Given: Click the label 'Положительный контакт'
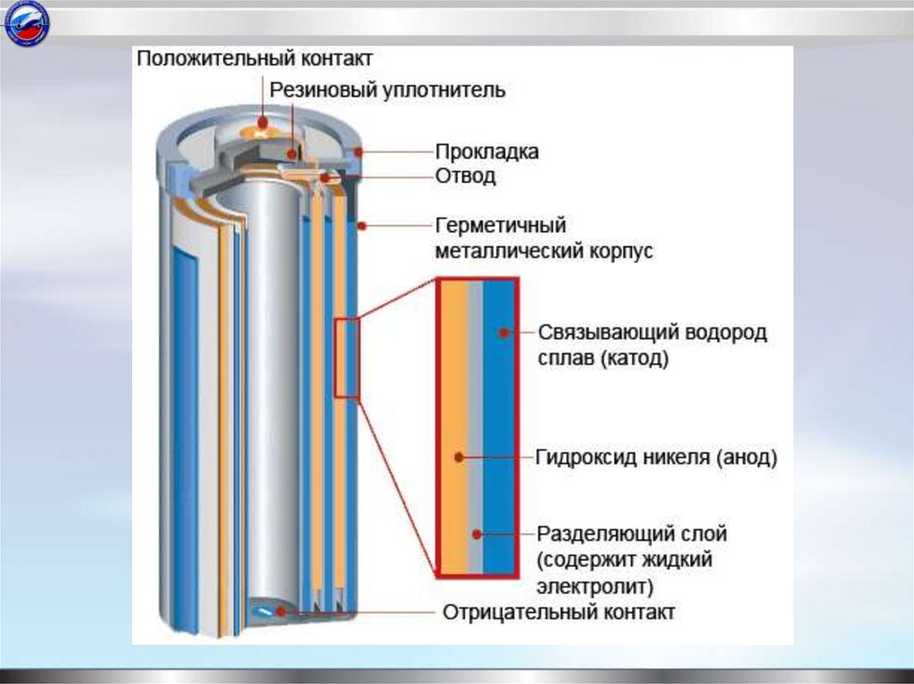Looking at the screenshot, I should (x=253, y=59).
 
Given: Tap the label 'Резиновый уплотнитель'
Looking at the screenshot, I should (x=388, y=90).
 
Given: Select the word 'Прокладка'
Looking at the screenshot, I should (x=486, y=152).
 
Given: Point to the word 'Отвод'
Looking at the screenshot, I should (x=465, y=176).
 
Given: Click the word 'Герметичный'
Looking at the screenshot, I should (x=501, y=225).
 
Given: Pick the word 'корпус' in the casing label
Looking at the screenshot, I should (x=619, y=251).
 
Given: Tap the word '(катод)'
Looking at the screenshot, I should (x=635, y=359).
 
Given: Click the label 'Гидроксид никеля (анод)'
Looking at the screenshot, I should (x=657, y=458).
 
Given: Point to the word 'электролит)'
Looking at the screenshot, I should (x=595, y=587).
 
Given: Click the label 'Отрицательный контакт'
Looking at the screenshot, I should (x=559, y=613).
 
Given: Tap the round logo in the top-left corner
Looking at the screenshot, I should (x=27, y=25).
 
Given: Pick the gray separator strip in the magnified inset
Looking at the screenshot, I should (x=476, y=428).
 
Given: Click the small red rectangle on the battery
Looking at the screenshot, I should (x=346, y=358).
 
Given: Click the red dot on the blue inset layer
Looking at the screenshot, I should (x=504, y=333).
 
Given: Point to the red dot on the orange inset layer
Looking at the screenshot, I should (x=459, y=457).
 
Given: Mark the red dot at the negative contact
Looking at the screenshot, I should (x=282, y=612).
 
